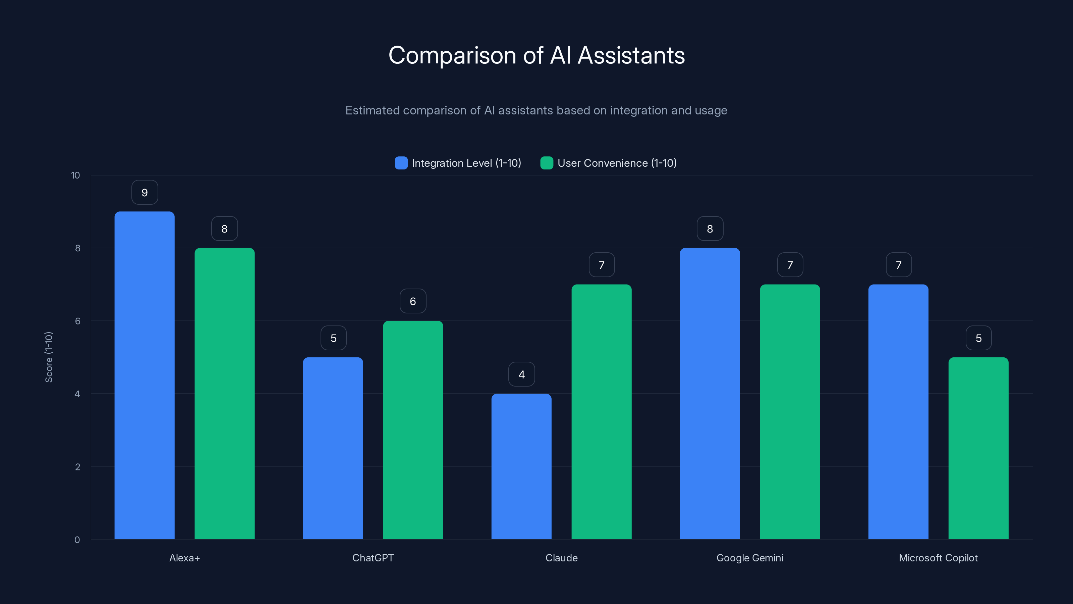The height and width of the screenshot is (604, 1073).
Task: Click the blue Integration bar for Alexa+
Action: (145, 375)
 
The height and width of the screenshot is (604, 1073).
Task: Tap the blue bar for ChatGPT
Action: (333, 448)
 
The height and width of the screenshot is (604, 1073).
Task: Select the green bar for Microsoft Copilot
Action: (978, 448)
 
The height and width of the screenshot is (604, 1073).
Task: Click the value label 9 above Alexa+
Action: (145, 193)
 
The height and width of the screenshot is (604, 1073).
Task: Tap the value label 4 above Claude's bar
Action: (521, 374)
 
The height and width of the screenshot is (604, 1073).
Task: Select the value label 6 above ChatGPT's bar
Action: (413, 301)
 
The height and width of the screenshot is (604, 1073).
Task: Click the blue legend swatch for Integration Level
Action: (401, 163)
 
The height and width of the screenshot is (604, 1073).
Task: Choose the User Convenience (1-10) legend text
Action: (617, 163)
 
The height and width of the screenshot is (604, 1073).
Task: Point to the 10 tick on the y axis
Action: (75, 175)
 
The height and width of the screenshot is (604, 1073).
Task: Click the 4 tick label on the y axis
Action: (77, 394)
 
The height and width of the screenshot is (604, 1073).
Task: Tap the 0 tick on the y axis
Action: (77, 540)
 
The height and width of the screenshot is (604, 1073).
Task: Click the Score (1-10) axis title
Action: (49, 357)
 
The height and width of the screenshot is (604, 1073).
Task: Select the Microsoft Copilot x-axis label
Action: (938, 558)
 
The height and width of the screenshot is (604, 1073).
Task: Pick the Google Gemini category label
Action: (750, 558)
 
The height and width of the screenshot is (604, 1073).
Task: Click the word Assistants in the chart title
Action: (631, 55)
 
